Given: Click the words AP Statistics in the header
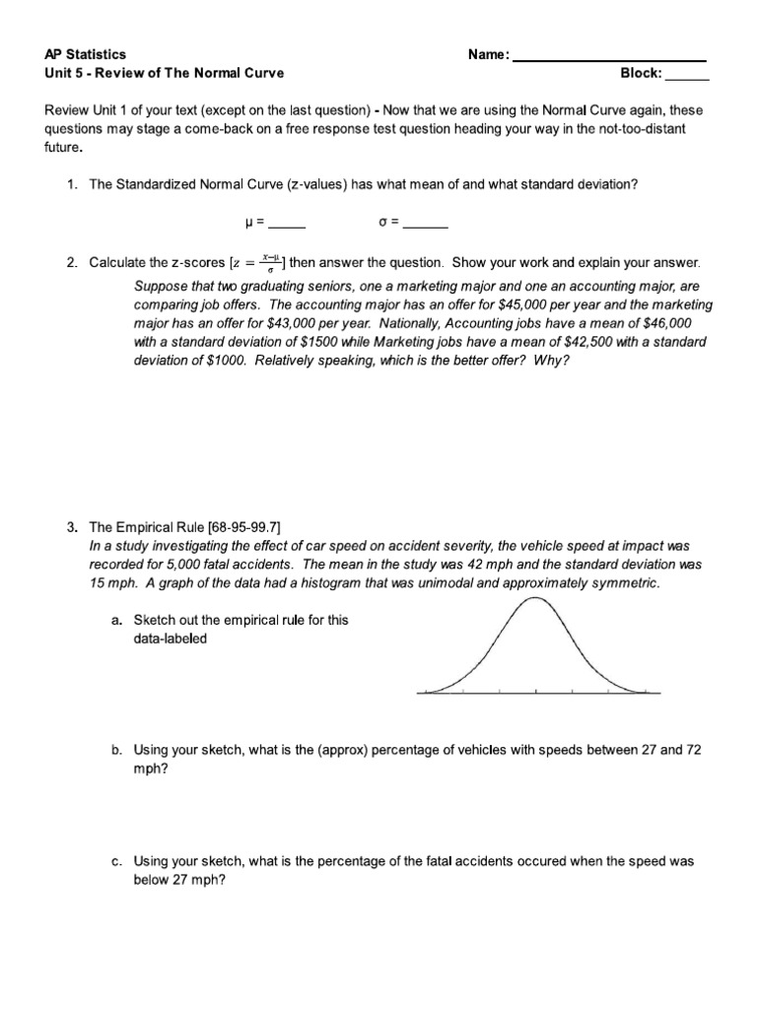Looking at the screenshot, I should point(86,55).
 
